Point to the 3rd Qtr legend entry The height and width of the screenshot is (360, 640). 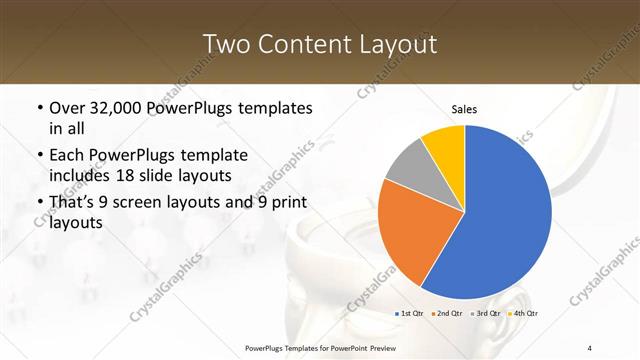click(x=485, y=314)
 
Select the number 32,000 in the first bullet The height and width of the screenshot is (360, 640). click(x=124, y=108)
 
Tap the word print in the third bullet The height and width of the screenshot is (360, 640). click(x=284, y=203)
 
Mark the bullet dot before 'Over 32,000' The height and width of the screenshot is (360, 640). click(x=39, y=108)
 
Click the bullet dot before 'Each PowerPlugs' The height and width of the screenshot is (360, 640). click(x=39, y=156)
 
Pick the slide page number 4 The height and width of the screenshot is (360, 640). click(x=590, y=347)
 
